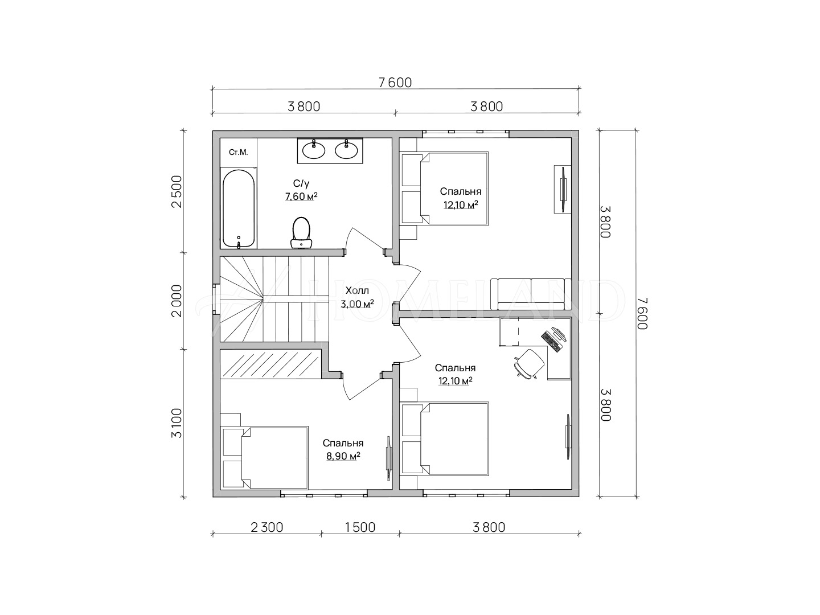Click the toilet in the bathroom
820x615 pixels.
tap(301, 233)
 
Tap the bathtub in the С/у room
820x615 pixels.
tap(239, 208)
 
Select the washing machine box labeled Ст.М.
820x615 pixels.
tap(239, 153)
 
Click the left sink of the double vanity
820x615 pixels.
tap(313, 150)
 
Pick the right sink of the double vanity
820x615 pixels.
tap(347, 150)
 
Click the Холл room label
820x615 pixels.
tap(357, 290)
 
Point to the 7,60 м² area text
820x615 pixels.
tap(301, 196)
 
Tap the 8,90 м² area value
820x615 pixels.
tap(343, 456)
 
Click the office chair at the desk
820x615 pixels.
tap(529, 364)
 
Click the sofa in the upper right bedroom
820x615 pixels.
tap(531, 294)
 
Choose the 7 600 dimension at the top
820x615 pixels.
tap(395, 83)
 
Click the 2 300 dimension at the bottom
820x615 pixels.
tap(266, 527)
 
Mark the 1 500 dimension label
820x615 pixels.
tap(360, 527)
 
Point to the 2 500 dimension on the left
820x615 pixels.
tap(177, 191)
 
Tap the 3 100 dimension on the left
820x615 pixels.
tap(177, 423)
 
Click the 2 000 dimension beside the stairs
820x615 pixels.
tap(177, 301)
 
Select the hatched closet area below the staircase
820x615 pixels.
tap(270, 364)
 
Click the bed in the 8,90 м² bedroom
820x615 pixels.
tap(264, 457)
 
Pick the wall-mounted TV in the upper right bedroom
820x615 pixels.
tap(562, 189)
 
